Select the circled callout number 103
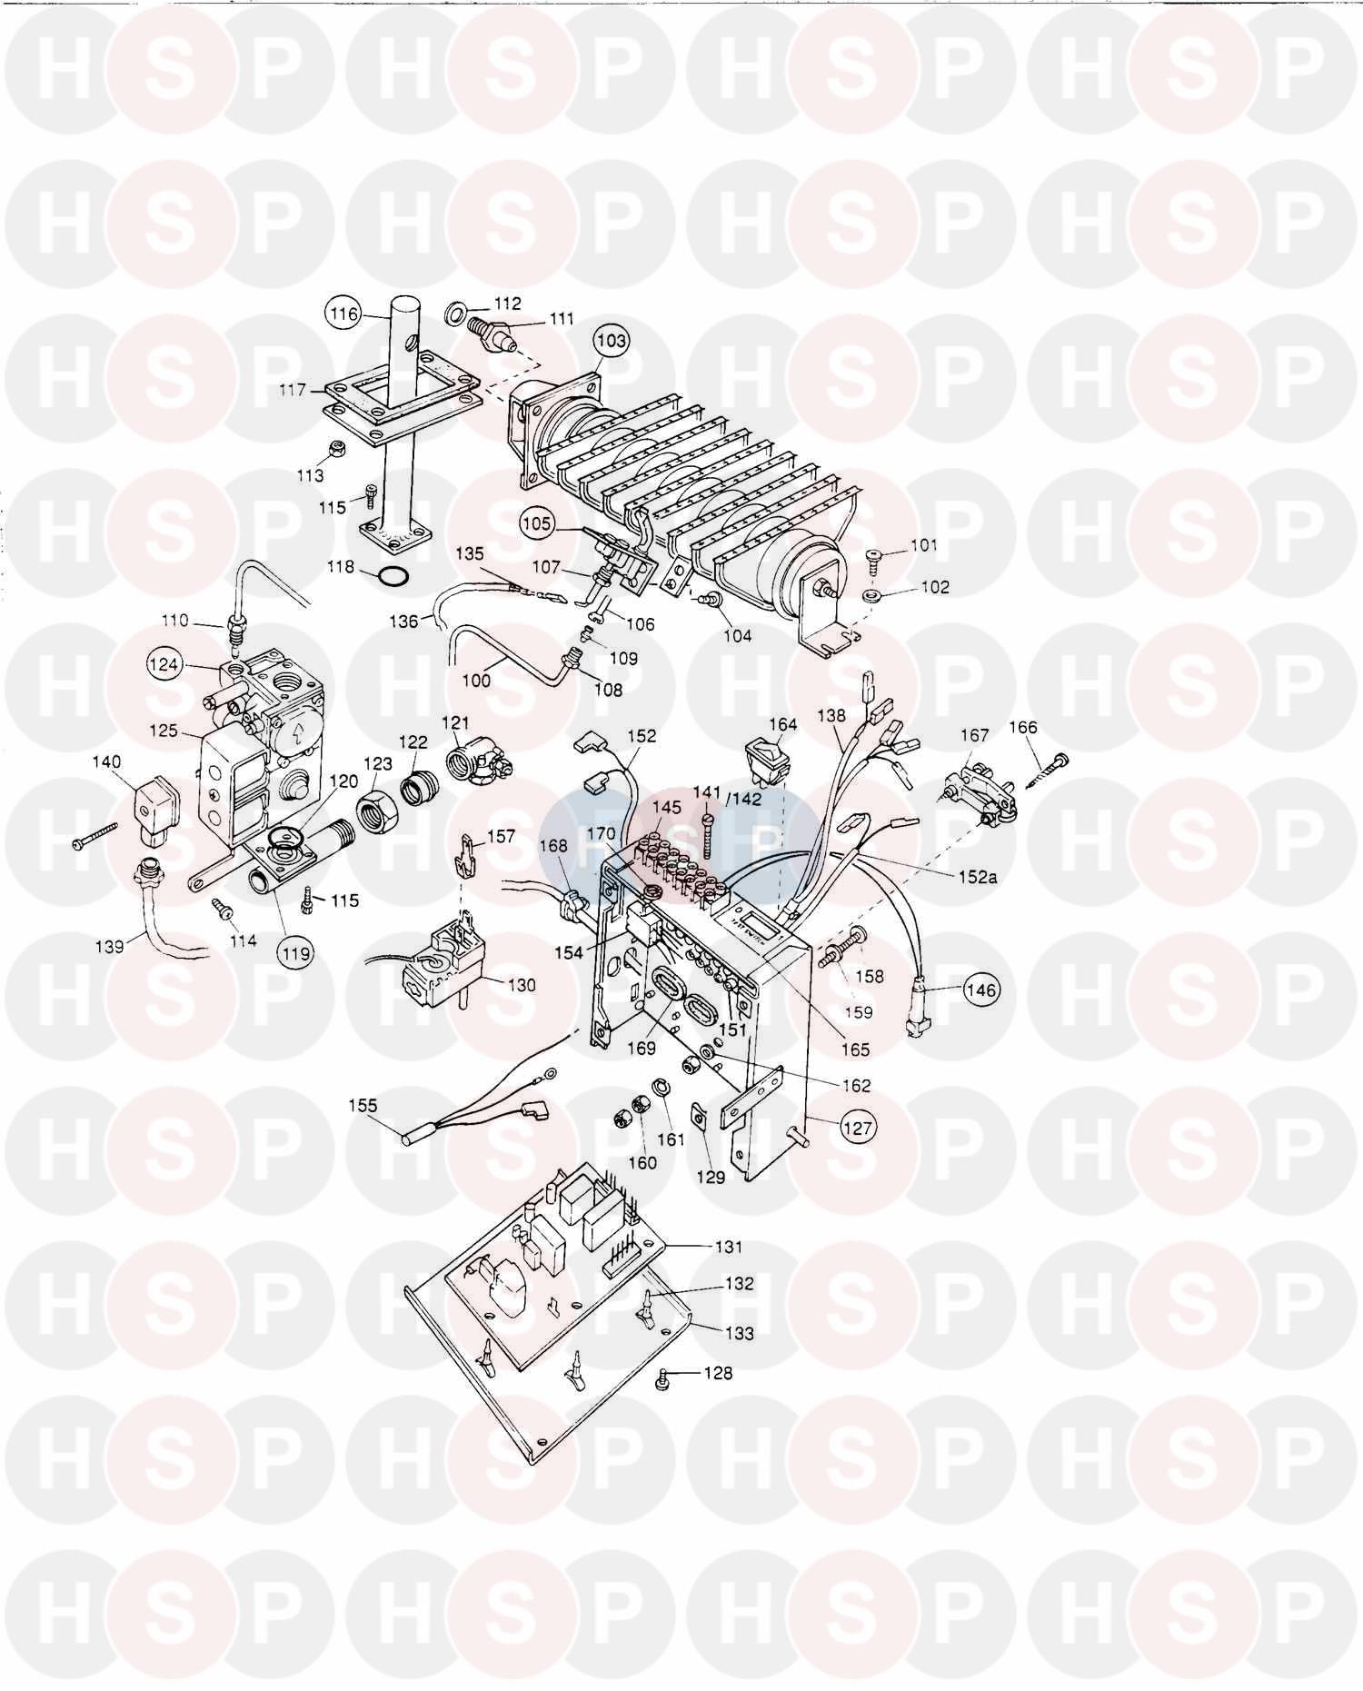(612, 341)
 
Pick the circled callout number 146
(981, 989)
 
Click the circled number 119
(296, 953)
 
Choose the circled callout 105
(537, 523)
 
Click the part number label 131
(729, 1248)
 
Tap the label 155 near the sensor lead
(364, 1106)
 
